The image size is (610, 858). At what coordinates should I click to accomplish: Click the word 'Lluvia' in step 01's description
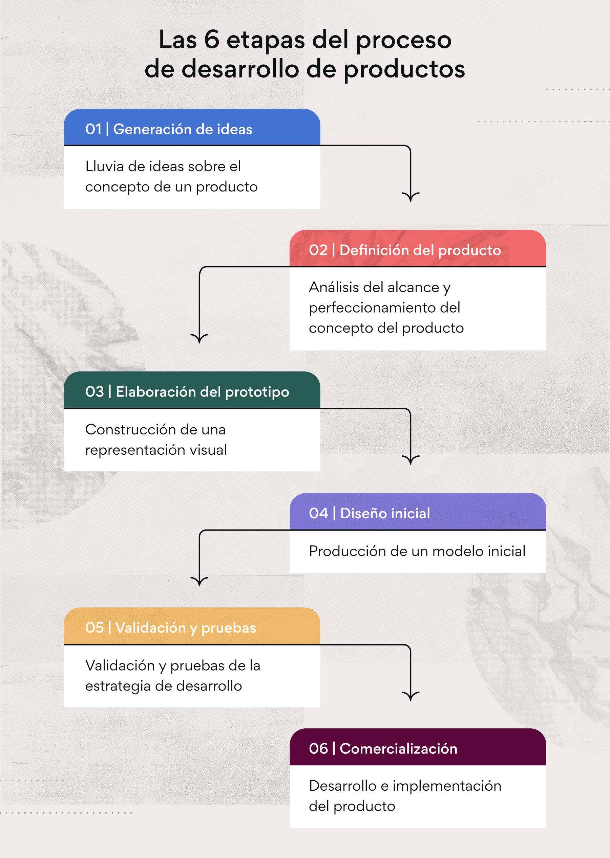[x=104, y=166]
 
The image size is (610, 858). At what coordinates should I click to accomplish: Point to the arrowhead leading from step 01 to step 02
[x=411, y=196]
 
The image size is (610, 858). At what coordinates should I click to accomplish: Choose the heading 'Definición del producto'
[x=420, y=250]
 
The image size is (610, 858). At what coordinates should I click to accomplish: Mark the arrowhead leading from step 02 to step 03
[x=199, y=338]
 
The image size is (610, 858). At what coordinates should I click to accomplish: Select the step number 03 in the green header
[x=94, y=392]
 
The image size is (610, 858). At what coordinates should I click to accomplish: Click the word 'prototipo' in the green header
[x=257, y=392]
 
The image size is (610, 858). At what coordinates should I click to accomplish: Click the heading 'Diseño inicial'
[x=385, y=513]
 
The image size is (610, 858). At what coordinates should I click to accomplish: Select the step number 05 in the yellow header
[x=94, y=628]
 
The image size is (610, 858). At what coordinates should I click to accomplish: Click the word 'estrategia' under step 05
[x=118, y=686]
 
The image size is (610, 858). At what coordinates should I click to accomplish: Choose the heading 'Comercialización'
[x=399, y=749]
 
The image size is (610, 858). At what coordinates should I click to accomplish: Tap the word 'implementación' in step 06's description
[x=447, y=786]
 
